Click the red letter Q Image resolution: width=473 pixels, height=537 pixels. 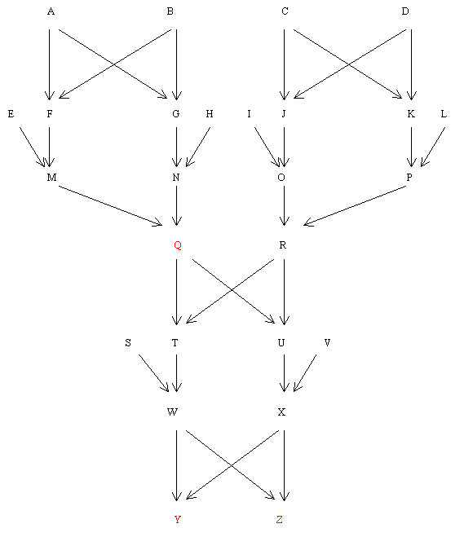coord(178,245)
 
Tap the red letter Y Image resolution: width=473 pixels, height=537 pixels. coord(177,520)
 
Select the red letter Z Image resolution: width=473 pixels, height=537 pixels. coord(280,520)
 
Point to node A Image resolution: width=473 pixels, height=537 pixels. coord(51,11)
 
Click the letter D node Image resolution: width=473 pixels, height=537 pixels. coord(405,11)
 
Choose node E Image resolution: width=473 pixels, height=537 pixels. coord(11,114)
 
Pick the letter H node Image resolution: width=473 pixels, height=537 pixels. coord(210,114)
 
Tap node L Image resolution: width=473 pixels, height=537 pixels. coord(444,114)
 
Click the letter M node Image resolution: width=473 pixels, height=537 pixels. coord(51,178)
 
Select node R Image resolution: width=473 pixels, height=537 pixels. coord(283,245)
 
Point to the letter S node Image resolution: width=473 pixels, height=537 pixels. coord(128,342)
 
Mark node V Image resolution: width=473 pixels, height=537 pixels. coord(327,342)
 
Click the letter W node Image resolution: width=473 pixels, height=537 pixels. coord(172,412)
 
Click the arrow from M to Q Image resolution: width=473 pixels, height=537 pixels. coord(110,206)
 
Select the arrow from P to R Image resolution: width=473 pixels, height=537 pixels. coord(355,205)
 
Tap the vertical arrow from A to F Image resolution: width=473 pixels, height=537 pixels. coord(50,64)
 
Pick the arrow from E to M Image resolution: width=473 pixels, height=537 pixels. coord(33,147)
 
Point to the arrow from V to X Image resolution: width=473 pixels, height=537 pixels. coord(305,373)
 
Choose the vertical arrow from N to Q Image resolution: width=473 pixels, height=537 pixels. coord(176,205)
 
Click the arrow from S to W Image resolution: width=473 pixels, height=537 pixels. coord(153,373)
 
